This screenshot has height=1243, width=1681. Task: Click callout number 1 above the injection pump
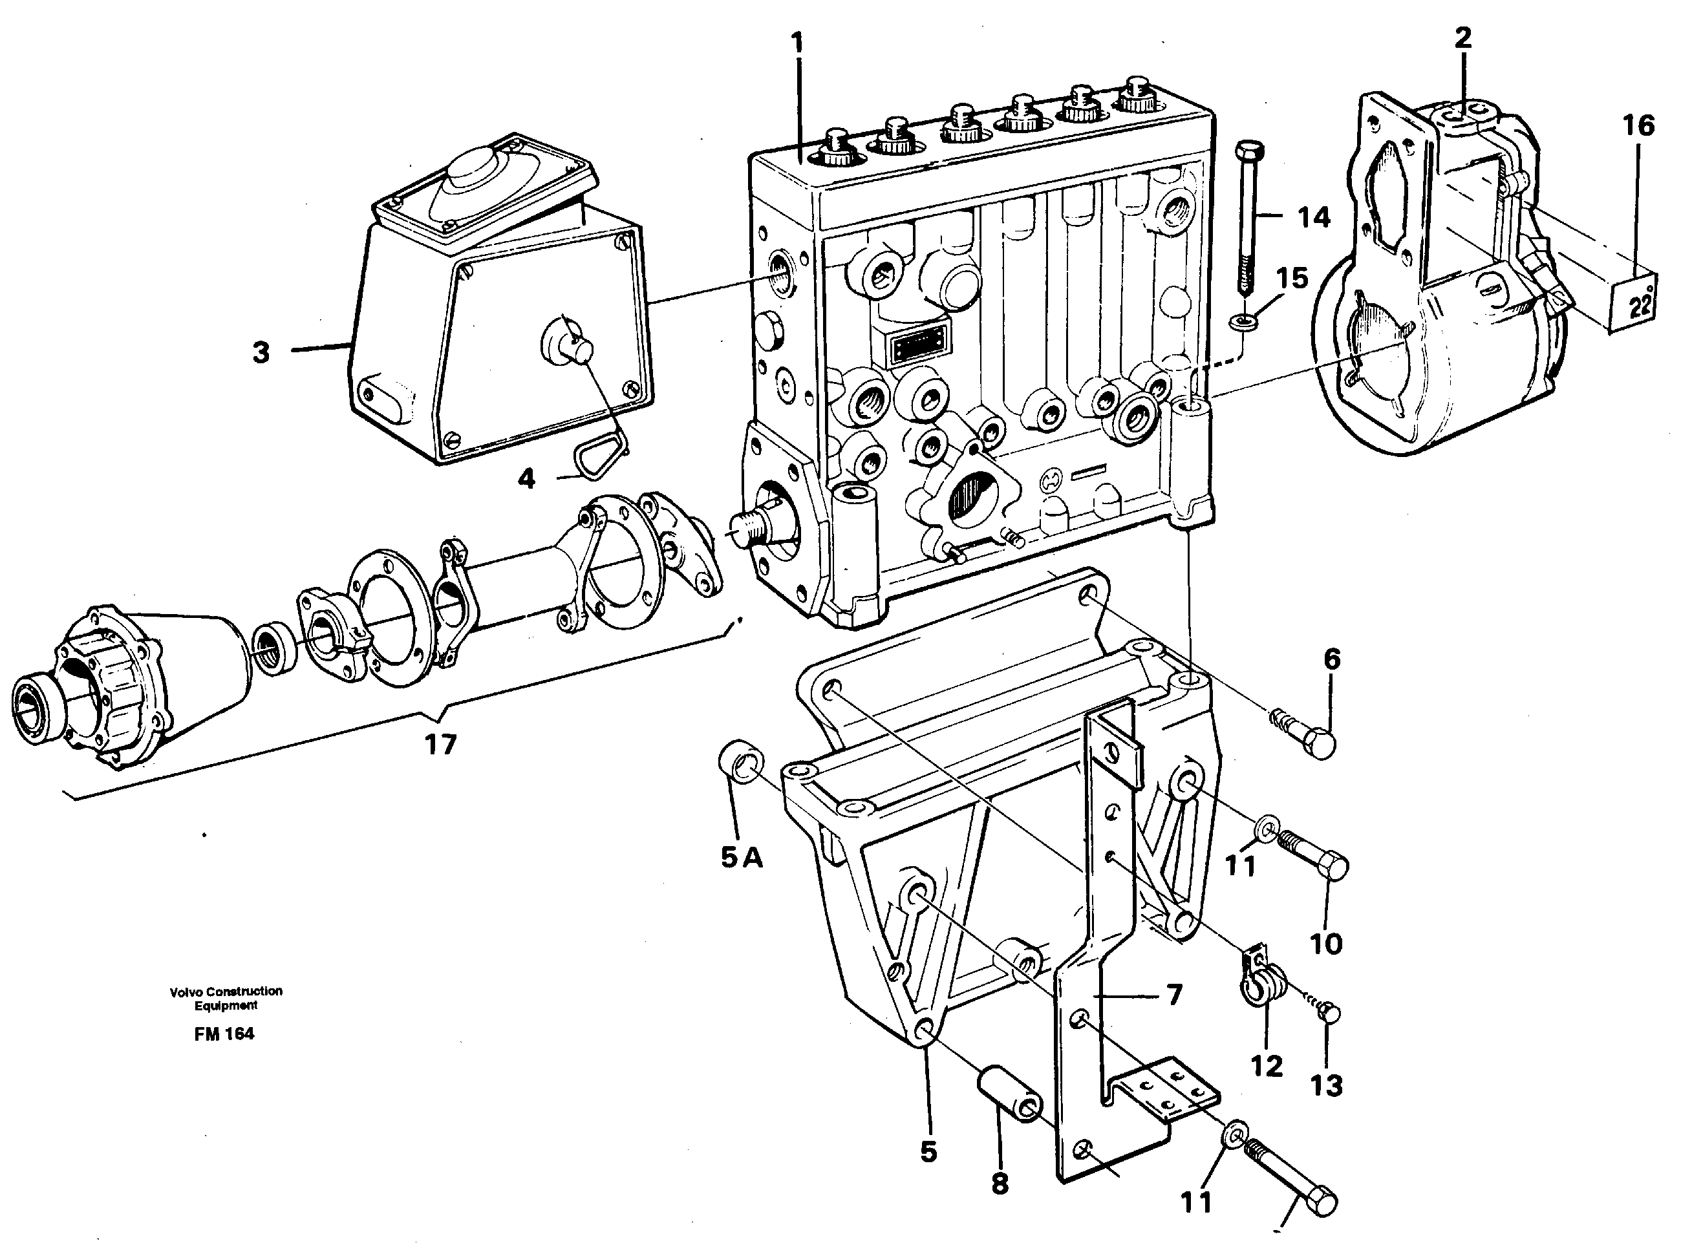pyautogui.click(x=797, y=43)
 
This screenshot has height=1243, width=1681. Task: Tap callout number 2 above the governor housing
pyautogui.click(x=1462, y=37)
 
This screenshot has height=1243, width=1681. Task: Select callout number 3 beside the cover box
pyautogui.click(x=261, y=352)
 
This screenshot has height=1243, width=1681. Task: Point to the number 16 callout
pyautogui.click(x=1638, y=125)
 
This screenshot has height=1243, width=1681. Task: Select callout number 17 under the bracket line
pyautogui.click(x=440, y=744)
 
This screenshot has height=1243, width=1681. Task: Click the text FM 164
pyautogui.click(x=224, y=1034)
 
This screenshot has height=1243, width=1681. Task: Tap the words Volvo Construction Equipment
pyautogui.click(x=226, y=998)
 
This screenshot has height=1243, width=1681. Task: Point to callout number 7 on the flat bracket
pyautogui.click(x=1175, y=995)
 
